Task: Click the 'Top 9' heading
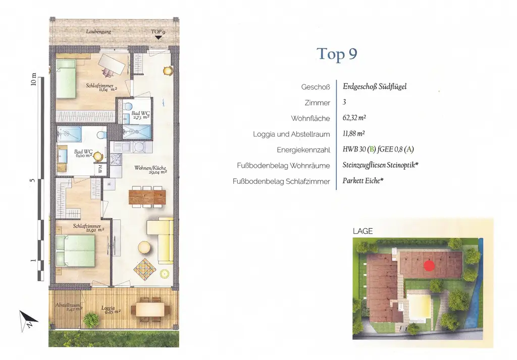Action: (x=337, y=54)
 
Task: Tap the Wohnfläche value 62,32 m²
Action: (x=354, y=119)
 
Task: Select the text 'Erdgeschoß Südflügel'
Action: (x=374, y=86)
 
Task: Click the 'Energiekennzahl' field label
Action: (x=303, y=150)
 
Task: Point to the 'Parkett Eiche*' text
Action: (x=363, y=181)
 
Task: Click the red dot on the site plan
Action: (x=429, y=265)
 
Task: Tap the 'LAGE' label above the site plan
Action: (x=363, y=231)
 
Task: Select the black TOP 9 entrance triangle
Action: (x=158, y=37)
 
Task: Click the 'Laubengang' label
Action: (x=98, y=32)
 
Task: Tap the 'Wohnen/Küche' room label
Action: (x=150, y=169)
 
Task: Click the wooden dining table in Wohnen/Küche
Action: (x=147, y=196)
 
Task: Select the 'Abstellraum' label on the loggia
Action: (x=66, y=306)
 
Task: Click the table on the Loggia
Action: (x=150, y=308)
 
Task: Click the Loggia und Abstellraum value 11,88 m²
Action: (x=354, y=134)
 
